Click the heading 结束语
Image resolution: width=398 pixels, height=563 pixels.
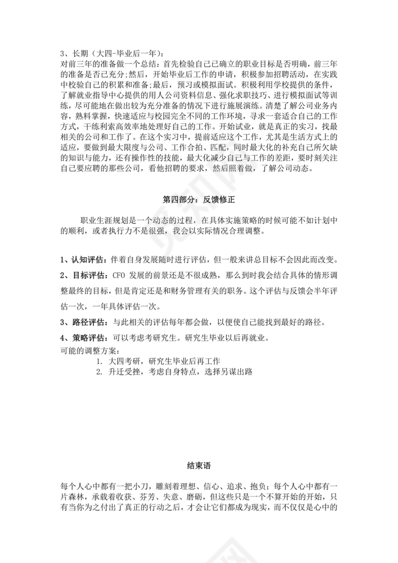(x=199, y=465)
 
